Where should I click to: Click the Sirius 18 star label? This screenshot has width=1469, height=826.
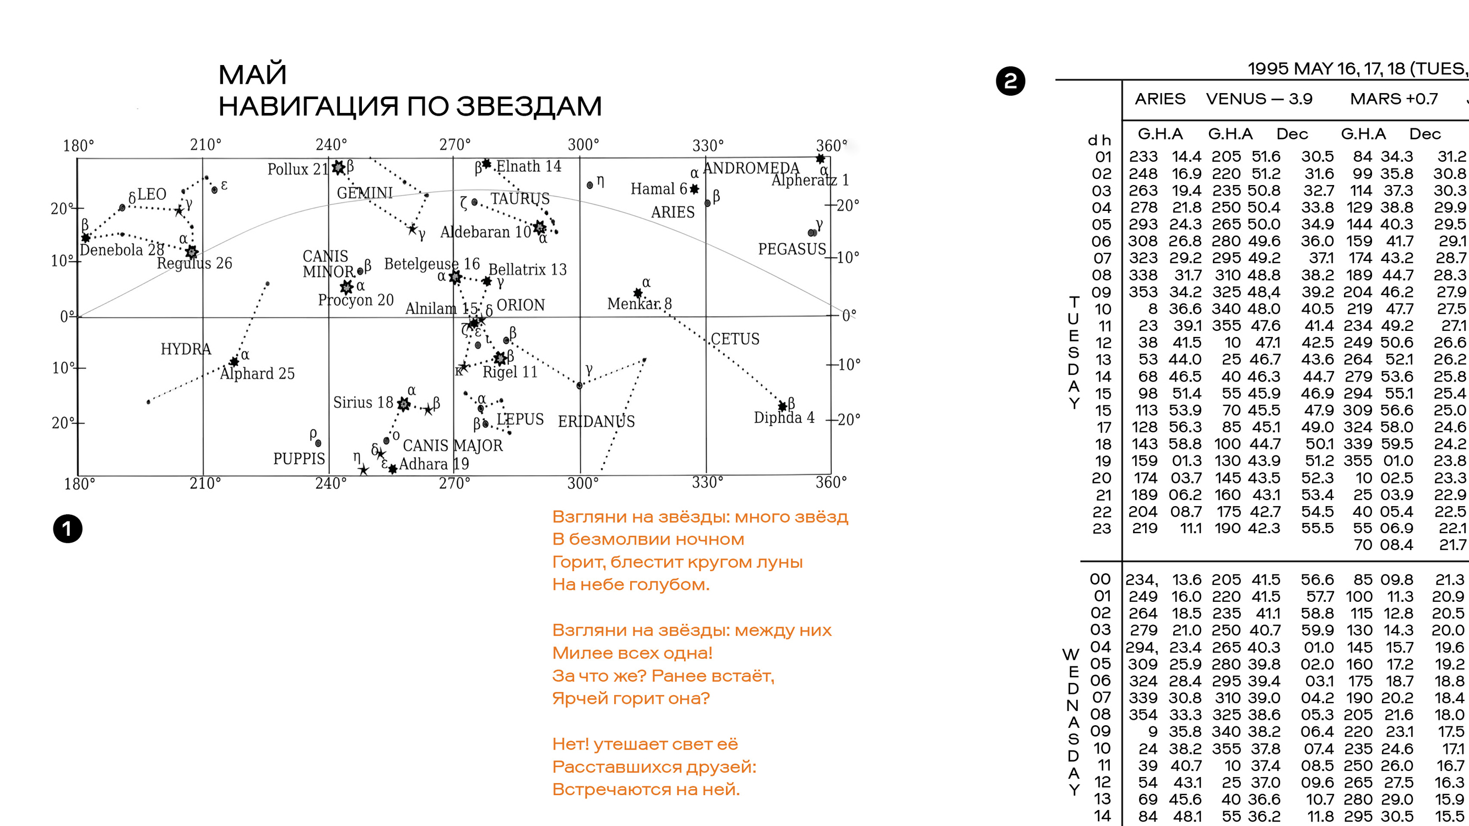[x=364, y=403]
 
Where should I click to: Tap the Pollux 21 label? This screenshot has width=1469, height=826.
[x=297, y=169]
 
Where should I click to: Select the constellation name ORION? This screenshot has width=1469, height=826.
[x=521, y=305]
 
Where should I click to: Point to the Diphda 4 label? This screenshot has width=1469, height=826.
[x=784, y=418]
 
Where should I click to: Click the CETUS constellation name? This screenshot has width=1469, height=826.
[x=735, y=339]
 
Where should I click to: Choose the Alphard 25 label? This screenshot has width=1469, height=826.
[x=257, y=374]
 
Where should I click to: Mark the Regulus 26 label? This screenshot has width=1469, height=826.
[x=194, y=263]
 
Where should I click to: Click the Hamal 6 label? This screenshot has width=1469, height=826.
[x=659, y=189]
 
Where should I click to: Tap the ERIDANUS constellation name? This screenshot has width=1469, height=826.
[x=596, y=422]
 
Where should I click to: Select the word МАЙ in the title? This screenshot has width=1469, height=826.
[x=252, y=75]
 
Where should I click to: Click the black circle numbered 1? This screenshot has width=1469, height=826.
[x=68, y=529]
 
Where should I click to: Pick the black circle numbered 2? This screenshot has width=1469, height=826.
[x=1010, y=81]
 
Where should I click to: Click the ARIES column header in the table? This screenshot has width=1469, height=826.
[x=1159, y=99]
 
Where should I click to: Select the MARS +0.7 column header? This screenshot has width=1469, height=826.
[x=1393, y=99]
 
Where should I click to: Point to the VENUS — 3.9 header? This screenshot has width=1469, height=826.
[x=1259, y=99]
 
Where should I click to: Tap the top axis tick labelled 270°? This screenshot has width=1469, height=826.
[x=454, y=145]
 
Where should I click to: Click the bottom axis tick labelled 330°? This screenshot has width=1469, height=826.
[x=707, y=483]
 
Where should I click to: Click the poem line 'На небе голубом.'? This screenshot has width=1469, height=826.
[x=631, y=584]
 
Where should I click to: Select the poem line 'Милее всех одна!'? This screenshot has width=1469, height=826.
[x=632, y=653]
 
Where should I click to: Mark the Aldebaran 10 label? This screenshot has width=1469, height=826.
[x=485, y=232]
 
